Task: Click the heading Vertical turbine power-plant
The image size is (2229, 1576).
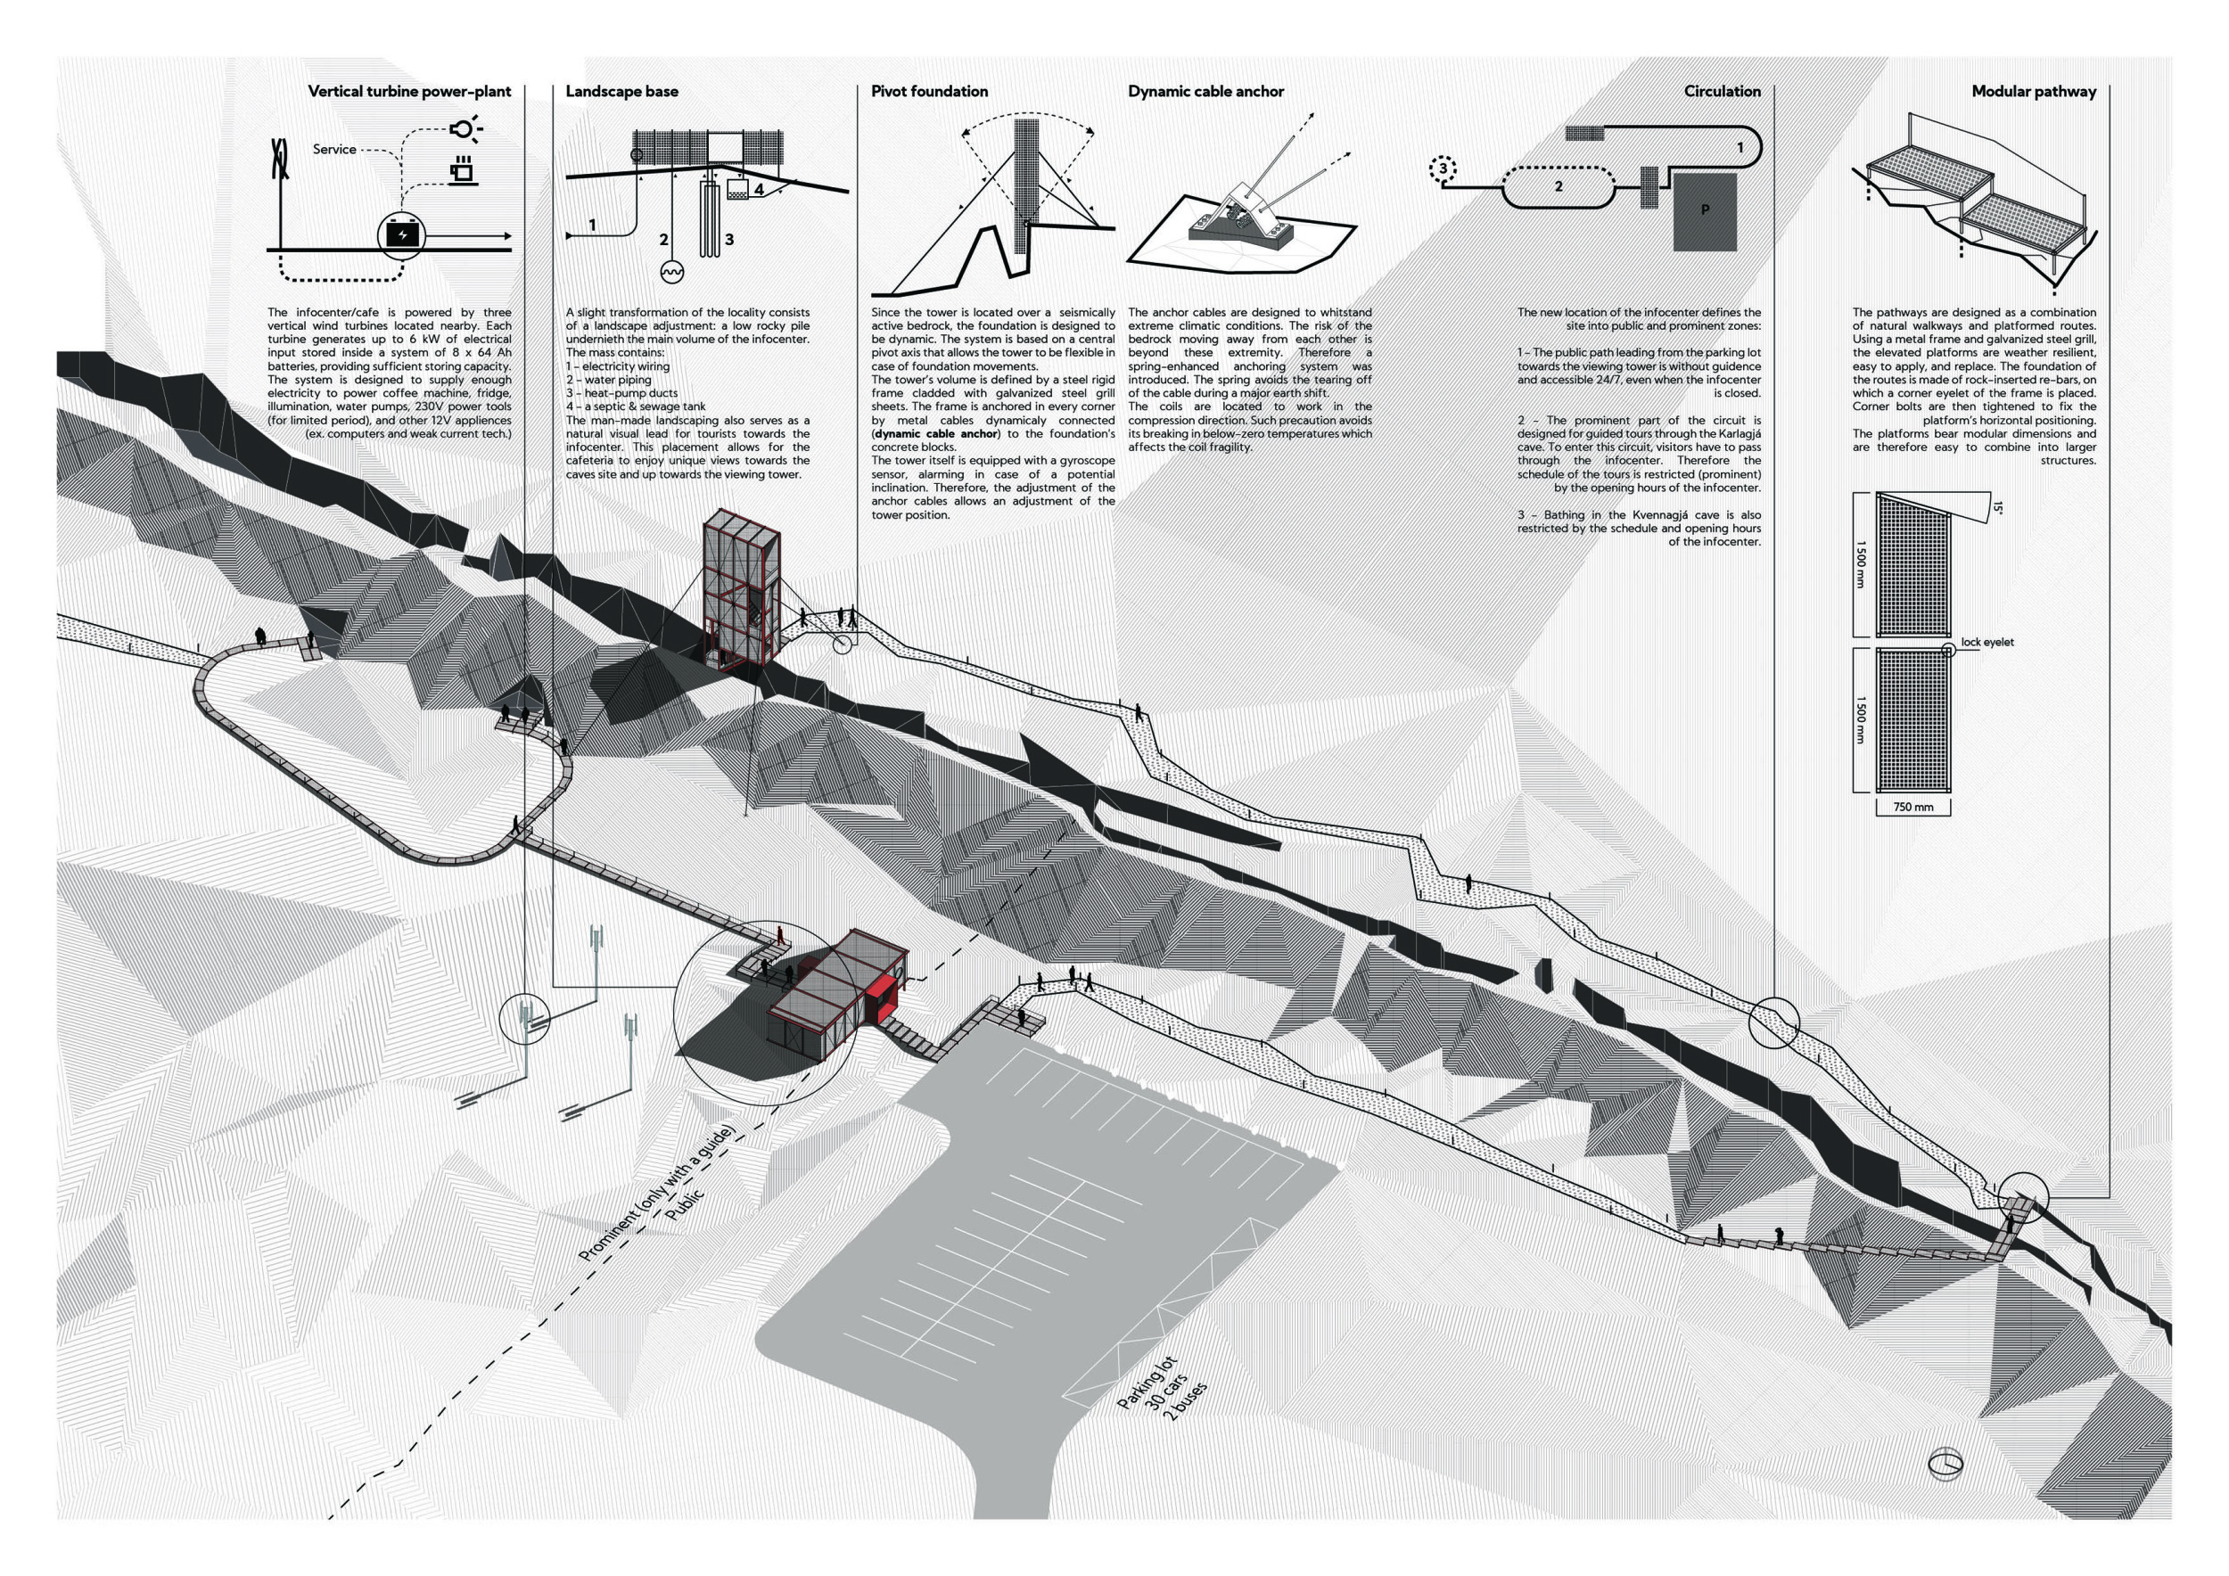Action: point(408,91)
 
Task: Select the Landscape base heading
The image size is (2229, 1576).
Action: point(621,91)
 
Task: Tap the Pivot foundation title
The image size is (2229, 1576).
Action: point(929,91)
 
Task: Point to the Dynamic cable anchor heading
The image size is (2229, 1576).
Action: point(1205,91)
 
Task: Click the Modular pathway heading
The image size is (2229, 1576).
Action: point(2033,91)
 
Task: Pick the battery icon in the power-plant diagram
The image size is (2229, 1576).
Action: point(402,234)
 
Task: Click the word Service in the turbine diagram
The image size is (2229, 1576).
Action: point(334,150)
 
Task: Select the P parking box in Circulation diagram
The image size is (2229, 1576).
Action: point(1705,210)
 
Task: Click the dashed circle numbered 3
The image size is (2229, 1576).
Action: point(1444,168)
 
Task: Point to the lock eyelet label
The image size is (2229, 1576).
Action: point(1986,643)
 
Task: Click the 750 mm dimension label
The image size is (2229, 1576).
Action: point(1912,807)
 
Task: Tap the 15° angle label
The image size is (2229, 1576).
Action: point(1997,507)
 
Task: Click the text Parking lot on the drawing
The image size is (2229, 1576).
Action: point(1146,1382)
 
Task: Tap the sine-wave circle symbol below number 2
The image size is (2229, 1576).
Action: point(670,273)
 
